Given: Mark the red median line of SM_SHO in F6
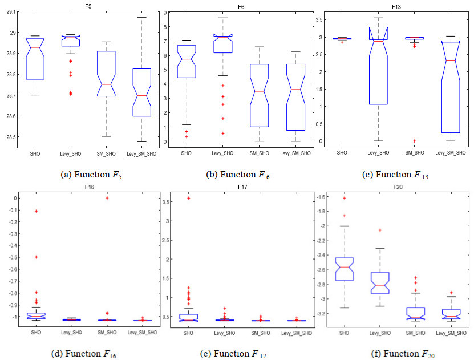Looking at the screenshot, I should tap(259, 91).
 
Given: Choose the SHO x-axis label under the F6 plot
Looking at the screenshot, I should tap(187, 153).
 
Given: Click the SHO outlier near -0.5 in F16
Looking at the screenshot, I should tap(36, 257).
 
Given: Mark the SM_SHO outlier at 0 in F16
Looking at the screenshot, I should tap(106, 198).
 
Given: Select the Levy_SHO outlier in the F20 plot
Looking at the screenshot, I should tap(379, 230).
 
